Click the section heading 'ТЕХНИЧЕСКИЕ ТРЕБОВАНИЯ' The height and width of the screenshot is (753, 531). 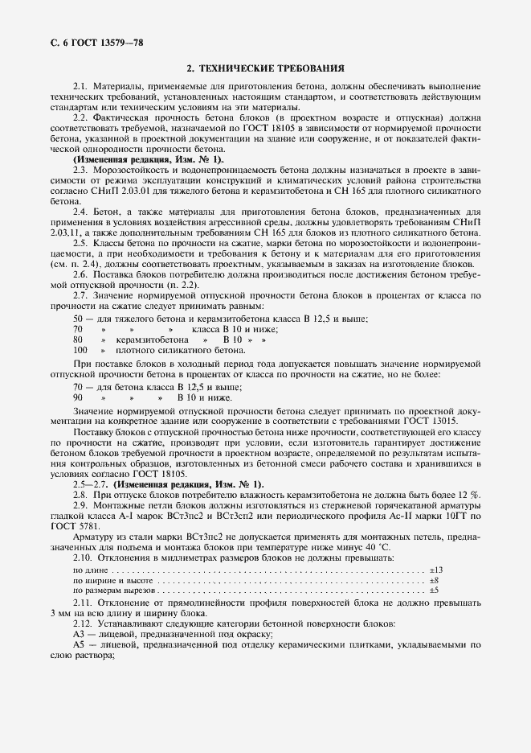tap(272, 69)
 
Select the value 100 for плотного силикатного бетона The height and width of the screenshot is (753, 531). tap(80, 351)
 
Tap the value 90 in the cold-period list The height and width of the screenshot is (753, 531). tap(78, 397)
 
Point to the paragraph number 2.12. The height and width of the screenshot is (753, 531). tap(83, 624)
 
